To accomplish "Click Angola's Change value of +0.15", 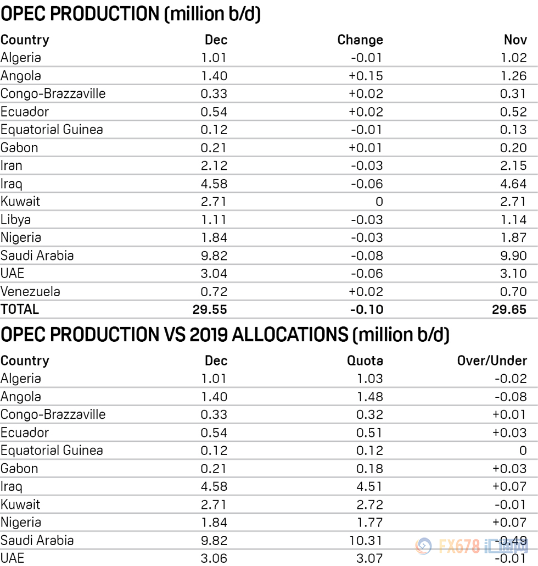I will (366, 76).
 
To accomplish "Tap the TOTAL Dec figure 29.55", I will (210, 309).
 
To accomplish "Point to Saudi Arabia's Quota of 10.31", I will (364, 541).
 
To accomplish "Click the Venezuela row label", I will (30, 292).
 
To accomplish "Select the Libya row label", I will (16, 220).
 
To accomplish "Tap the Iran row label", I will (12, 166).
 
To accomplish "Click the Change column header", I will (360, 40).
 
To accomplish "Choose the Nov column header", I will (515, 40).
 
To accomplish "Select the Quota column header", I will (365, 361).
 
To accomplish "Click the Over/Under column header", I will (492, 361).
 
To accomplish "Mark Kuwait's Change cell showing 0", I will (379, 202).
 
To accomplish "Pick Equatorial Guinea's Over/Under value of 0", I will (523, 451).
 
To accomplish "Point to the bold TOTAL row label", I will (20, 309).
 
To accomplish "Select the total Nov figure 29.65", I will (509, 309).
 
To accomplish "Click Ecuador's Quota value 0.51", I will (368, 433).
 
